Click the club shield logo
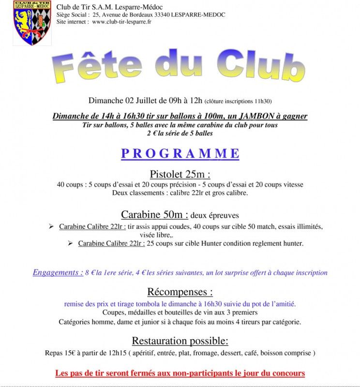coord(32,23)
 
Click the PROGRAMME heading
coord(180,153)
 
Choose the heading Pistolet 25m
coord(180,174)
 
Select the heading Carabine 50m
coord(154,214)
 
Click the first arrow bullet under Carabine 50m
coord(51,226)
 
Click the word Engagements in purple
coord(58,272)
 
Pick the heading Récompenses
coord(180,292)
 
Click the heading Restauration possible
coord(180,340)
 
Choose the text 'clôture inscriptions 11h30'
coord(238,102)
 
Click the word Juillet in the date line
coord(145,101)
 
